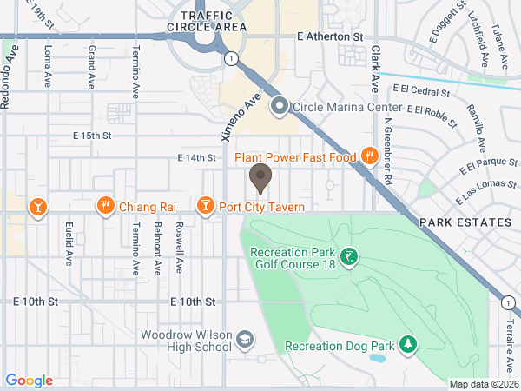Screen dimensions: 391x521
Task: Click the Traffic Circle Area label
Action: [214, 22]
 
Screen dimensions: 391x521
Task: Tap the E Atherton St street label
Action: [329, 37]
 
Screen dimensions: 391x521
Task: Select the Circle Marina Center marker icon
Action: [280, 107]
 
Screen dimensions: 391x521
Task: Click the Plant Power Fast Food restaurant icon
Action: [369, 157]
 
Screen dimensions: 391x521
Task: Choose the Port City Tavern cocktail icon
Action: [205, 206]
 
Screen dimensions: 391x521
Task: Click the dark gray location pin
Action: [260, 179]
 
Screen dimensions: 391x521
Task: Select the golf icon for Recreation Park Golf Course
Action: [348, 256]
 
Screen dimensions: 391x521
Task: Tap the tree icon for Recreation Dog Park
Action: [407, 346]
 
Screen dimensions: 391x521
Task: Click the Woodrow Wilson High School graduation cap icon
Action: [246, 338]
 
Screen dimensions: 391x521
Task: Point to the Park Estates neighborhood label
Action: [465, 223]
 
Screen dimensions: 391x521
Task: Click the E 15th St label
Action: [93, 136]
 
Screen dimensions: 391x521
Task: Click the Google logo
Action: [29, 381]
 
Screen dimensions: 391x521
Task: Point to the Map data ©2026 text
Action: [482, 384]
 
